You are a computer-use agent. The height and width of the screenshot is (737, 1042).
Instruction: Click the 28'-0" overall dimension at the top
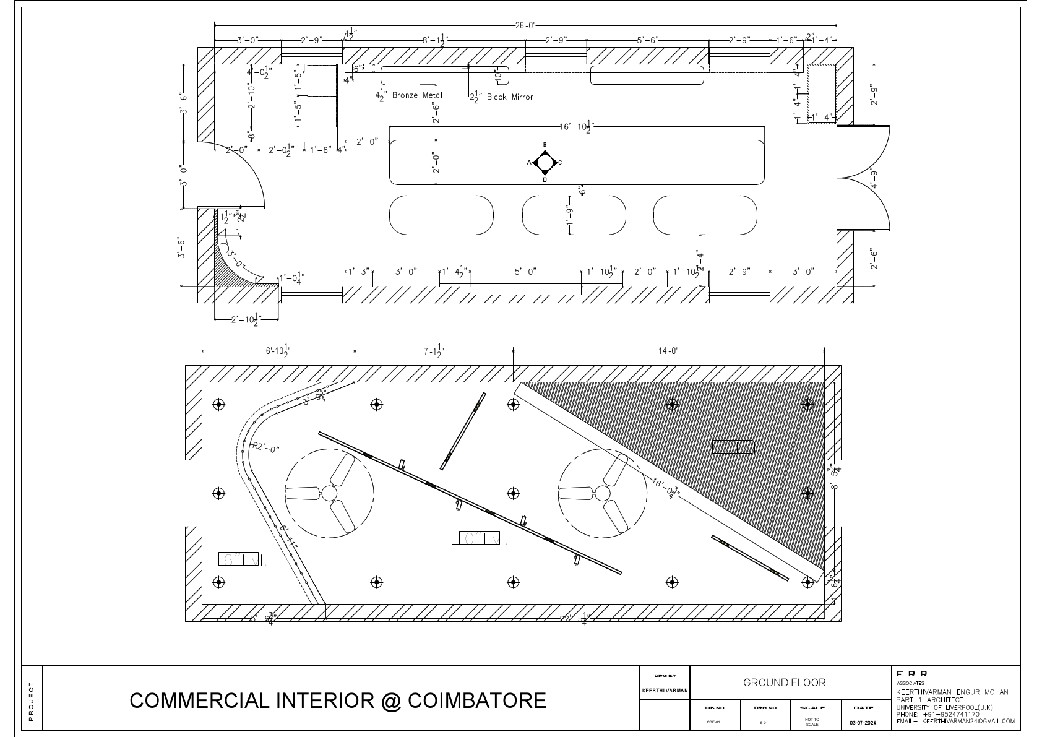[525, 25]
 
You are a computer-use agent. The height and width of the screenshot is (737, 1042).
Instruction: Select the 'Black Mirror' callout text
[509, 97]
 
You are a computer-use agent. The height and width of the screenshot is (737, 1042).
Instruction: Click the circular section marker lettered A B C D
[545, 163]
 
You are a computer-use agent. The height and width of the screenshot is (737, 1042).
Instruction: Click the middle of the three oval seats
[574, 215]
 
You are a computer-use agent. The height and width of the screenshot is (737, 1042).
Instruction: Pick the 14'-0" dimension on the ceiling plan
[668, 351]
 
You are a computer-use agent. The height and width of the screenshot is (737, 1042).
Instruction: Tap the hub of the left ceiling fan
[329, 493]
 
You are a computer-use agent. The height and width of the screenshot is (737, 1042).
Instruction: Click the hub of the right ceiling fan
[602, 493]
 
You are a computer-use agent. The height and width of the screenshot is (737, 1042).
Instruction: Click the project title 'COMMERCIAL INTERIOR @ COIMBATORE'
[338, 700]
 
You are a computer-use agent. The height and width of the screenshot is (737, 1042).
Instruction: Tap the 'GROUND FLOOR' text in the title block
[784, 683]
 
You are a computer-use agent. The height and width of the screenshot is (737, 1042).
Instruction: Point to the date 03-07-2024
[864, 722]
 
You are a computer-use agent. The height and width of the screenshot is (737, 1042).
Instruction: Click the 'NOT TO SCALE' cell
[812, 722]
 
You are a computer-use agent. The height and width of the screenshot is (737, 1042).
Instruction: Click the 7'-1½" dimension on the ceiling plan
[433, 351]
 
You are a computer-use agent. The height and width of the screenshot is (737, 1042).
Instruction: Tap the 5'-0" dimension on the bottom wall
[525, 271]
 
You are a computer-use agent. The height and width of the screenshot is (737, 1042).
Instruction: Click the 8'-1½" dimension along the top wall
[435, 40]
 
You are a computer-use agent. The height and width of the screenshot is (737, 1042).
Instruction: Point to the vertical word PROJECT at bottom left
[32, 700]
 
